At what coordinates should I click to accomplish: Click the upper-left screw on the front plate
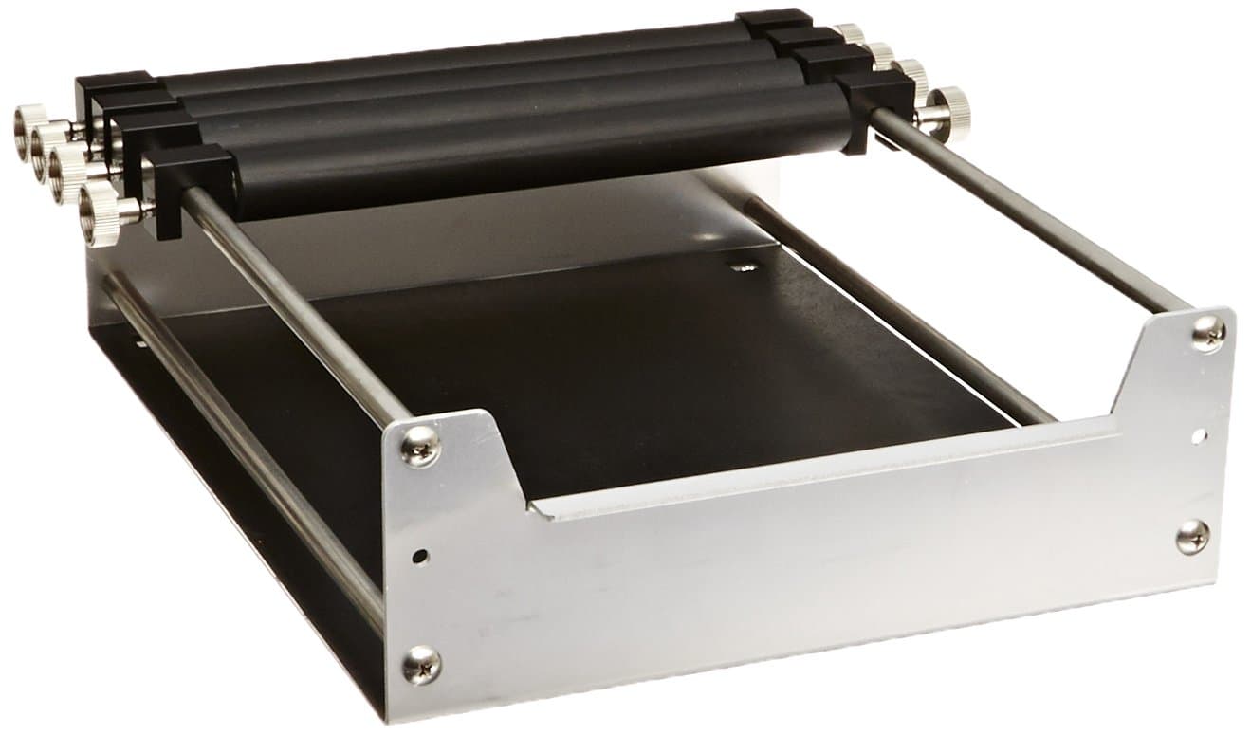click(419, 444)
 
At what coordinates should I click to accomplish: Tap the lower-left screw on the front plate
click(421, 664)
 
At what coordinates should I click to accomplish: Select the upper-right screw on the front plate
click(1207, 332)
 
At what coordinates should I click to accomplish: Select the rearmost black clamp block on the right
click(773, 20)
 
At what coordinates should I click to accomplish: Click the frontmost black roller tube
click(531, 152)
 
